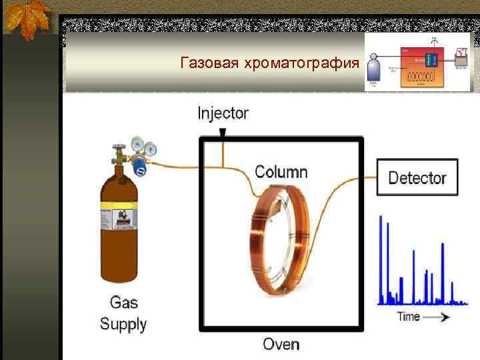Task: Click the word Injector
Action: click(223, 113)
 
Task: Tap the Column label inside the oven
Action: click(281, 171)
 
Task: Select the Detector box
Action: click(417, 177)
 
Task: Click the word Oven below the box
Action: click(281, 344)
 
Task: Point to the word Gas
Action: click(123, 303)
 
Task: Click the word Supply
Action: click(123, 325)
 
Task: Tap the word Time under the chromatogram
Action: click(409, 316)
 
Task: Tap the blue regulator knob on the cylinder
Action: click(140, 167)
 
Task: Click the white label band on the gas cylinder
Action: click(118, 219)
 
